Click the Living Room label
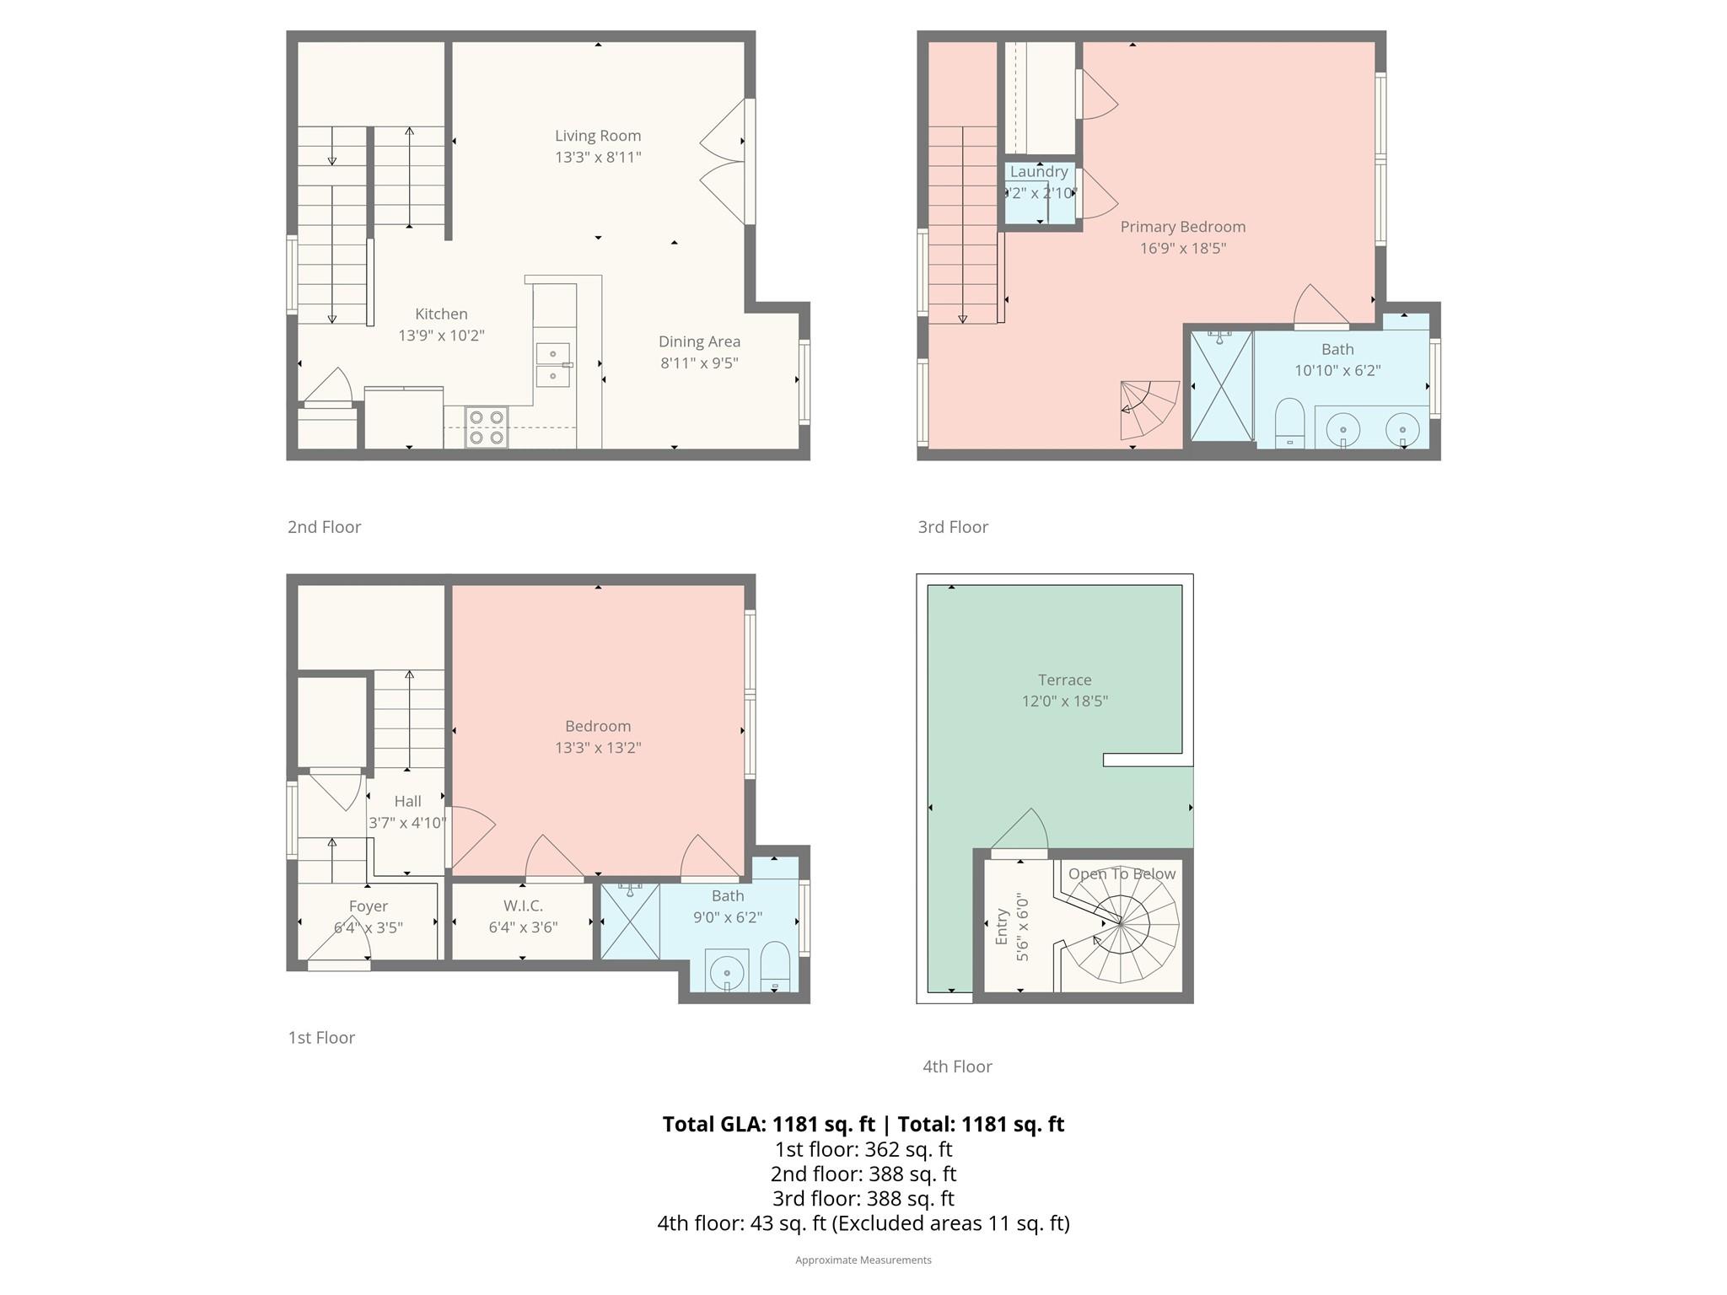pyautogui.click(x=597, y=136)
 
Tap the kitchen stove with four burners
pyautogui.click(x=486, y=427)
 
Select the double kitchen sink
pyautogui.click(x=552, y=364)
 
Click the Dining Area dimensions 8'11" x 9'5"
pyautogui.click(x=699, y=363)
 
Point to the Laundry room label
pyautogui.click(x=1038, y=172)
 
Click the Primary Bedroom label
pyautogui.click(x=1182, y=227)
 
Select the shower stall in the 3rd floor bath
pyautogui.click(x=1220, y=385)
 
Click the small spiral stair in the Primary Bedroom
pyautogui.click(x=1148, y=409)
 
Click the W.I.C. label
pyautogui.click(x=523, y=905)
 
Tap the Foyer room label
pyautogui.click(x=368, y=906)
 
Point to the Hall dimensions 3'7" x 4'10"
pyautogui.click(x=407, y=823)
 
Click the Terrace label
pyautogui.click(x=1064, y=680)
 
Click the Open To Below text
pyautogui.click(x=1122, y=874)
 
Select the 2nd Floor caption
pyautogui.click(x=324, y=527)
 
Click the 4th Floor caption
pyautogui.click(x=956, y=1067)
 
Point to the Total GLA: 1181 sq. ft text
pyautogui.click(x=768, y=1124)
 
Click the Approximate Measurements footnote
pyautogui.click(x=863, y=1260)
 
